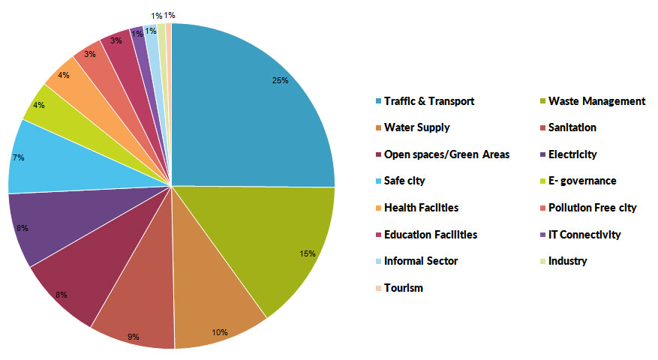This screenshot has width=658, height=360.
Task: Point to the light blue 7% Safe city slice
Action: tap(45, 161)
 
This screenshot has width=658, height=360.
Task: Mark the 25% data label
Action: tap(281, 81)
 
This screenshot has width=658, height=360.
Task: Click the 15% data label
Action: tap(308, 253)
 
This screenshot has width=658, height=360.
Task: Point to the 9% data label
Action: tap(134, 337)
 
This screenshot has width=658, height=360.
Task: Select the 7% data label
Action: tap(18, 157)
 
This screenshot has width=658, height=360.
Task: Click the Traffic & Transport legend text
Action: tap(428, 101)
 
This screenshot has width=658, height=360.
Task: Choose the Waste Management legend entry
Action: tap(596, 101)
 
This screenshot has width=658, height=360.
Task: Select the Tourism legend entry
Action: tap(403, 288)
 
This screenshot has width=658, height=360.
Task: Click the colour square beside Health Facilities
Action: tap(377, 208)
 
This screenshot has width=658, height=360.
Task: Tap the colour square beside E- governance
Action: tap(542, 181)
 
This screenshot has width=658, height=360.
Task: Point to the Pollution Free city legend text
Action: tap(592, 208)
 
